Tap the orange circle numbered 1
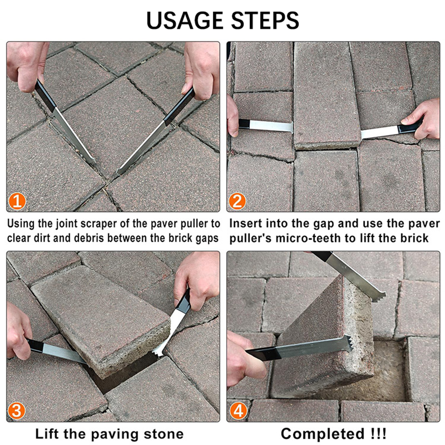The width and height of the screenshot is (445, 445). pyautogui.click(x=17, y=201)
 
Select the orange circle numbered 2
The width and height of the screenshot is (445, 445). pyautogui.click(x=237, y=201)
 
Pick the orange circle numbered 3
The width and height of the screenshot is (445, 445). pyautogui.click(x=16, y=411)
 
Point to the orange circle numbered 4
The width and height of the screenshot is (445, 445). pyautogui.click(x=238, y=411)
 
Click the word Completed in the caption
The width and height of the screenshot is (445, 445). pyautogui.click(x=323, y=434)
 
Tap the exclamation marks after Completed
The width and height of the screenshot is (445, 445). pyautogui.click(x=378, y=434)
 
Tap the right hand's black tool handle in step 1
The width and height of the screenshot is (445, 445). pyautogui.click(x=179, y=107)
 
